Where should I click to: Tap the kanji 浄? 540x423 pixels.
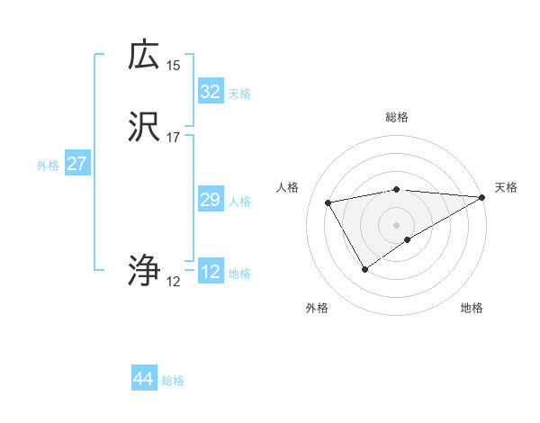[144, 270]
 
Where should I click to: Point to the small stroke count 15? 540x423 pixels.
[174, 65]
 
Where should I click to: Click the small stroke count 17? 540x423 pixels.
[174, 138]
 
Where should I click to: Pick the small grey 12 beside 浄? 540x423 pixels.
[174, 282]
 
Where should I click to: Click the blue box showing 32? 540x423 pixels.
[210, 91]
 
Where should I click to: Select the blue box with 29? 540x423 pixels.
[210, 200]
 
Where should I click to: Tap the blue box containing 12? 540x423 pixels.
[210, 272]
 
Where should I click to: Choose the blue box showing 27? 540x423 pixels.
[76, 164]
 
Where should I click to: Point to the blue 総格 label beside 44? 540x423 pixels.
[173, 381]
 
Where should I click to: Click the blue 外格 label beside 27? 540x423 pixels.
[48, 166]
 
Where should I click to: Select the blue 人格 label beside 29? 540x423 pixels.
[240, 202]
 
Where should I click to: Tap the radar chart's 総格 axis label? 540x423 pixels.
[397, 117]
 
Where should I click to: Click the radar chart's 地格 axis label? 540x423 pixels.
[472, 309]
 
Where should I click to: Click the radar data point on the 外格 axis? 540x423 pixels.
[364, 268]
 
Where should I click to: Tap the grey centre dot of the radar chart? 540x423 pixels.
[397, 225]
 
